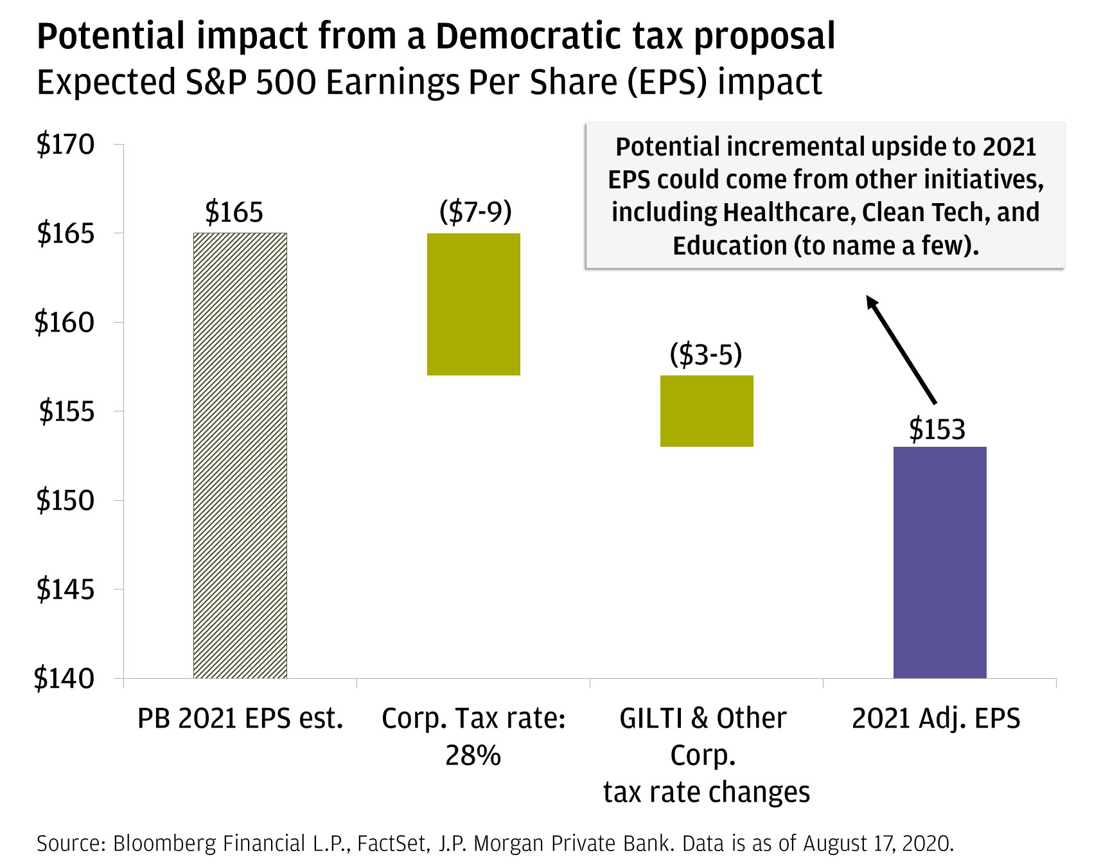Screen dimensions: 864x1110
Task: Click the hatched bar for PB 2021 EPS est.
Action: click(x=240, y=455)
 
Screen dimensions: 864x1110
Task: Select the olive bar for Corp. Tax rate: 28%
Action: click(x=473, y=304)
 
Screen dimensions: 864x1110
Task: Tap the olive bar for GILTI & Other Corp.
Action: click(x=707, y=411)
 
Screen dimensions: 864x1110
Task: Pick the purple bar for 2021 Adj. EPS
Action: click(x=940, y=562)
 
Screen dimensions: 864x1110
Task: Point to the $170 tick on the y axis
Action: click(x=65, y=145)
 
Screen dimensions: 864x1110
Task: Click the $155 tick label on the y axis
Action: click(x=66, y=411)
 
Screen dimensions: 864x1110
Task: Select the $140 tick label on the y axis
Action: click(x=65, y=678)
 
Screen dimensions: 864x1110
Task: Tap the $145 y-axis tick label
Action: click(x=65, y=589)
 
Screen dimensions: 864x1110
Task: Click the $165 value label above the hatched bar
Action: click(x=234, y=212)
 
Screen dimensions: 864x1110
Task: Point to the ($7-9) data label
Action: click(x=475, y=212)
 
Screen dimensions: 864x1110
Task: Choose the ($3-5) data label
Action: click(x=706, y=354)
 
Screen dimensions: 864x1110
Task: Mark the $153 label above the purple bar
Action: click(x=937, y=429)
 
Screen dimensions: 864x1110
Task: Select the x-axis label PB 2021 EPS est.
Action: click(x=240, y=719)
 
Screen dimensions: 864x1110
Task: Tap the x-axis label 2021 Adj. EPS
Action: click(x=936, y=719)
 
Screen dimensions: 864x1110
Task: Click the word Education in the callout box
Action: click(x=730, y=246)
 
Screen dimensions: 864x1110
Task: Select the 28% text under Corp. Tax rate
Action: click(x=473, y=756)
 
